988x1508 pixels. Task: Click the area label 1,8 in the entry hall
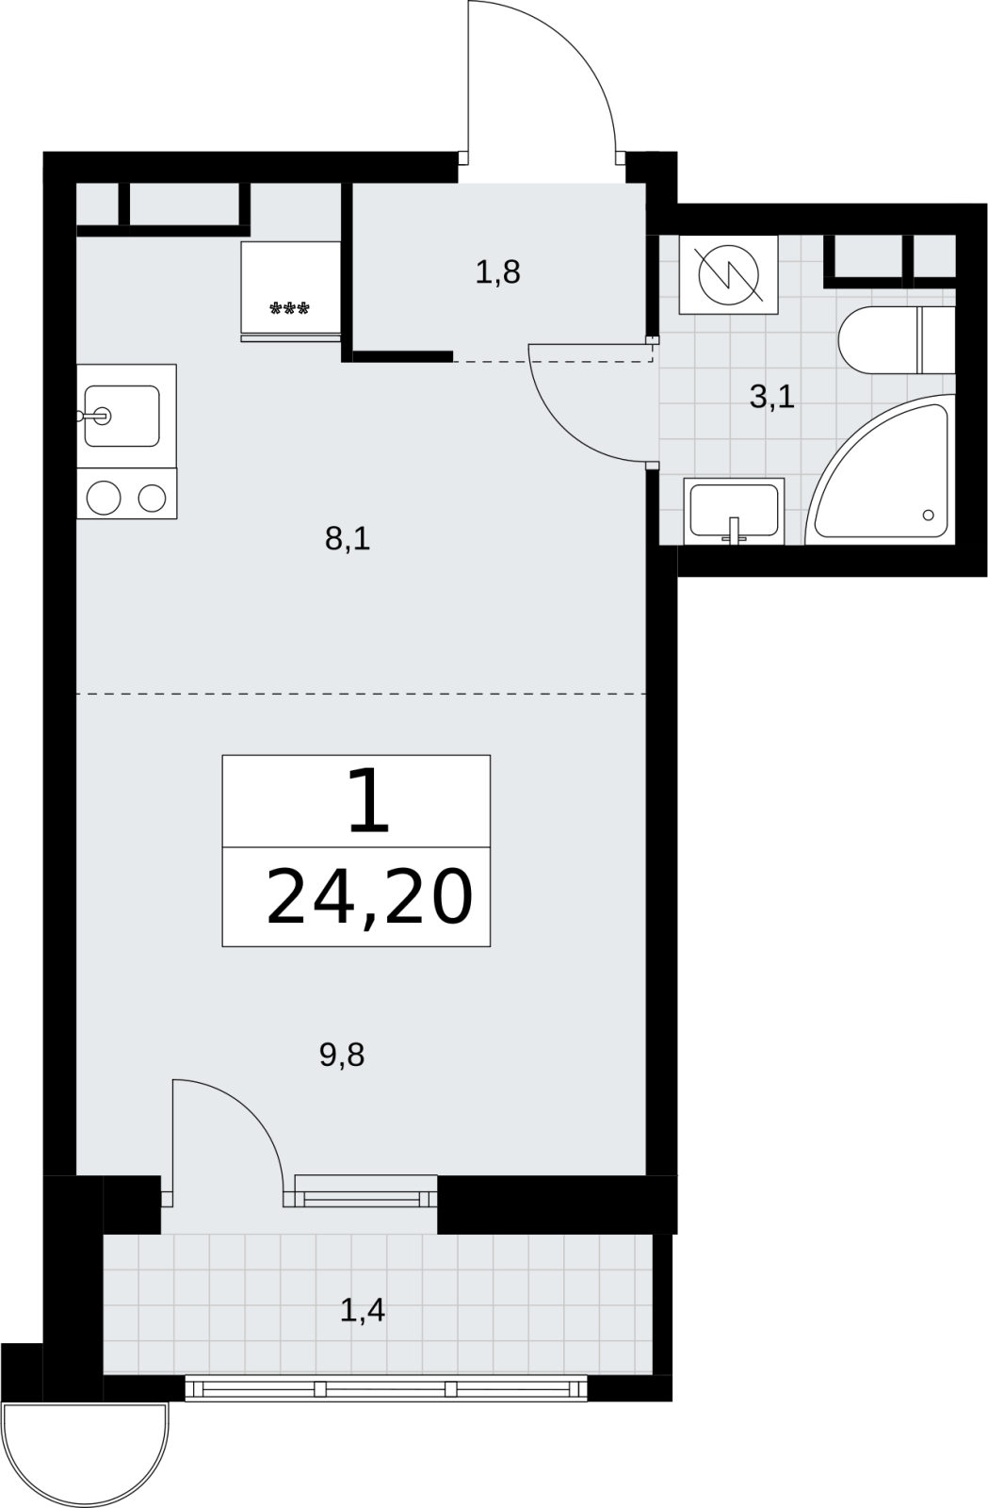point(497,272)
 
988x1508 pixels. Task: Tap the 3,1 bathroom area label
point(772,397)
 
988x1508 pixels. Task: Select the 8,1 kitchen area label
point(348,539)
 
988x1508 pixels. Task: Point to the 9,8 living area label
point(342,1056)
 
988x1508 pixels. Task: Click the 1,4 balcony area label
point(363,1310)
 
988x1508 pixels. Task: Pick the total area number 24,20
point(370,897)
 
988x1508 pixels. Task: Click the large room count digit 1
point(368,801)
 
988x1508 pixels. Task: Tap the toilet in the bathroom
point(897,340)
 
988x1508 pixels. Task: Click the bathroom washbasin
point(734,511)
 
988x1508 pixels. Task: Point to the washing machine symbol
point(728,274)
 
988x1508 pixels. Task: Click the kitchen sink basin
point(121,416)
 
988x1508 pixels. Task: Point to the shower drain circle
point(928,515)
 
